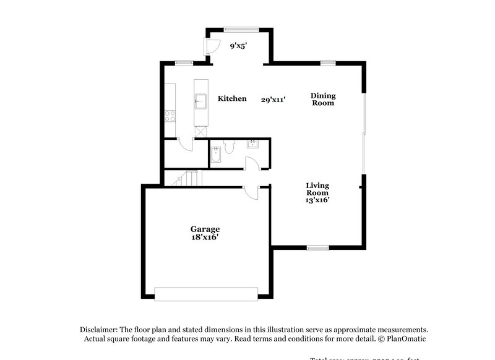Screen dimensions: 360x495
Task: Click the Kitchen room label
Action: click(x=232, y=98)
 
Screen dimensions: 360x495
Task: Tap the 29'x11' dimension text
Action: click(x=273, y=99)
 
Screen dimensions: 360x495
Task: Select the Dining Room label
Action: click(x=323, y=99)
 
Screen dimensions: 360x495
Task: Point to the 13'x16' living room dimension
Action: click(x=317, y=200)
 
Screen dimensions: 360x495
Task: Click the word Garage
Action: click(x=205, y=229)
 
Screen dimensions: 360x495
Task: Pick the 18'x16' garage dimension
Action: click(x=205, y=237)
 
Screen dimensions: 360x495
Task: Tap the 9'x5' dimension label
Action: click(x=239, y=46)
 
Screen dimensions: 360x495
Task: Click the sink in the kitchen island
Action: click(x=200, y=100)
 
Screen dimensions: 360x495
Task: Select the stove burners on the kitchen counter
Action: click(x=169, y=115)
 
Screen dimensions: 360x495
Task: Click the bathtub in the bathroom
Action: click(x=215, y=155)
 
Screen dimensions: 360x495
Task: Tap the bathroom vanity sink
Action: click(x=253, y=145)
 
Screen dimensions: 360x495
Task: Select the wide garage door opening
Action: click(x=206, y=294)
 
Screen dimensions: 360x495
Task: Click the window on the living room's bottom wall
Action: click(x=317, y=247)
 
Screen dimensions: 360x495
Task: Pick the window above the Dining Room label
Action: click(x=328, y=62)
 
